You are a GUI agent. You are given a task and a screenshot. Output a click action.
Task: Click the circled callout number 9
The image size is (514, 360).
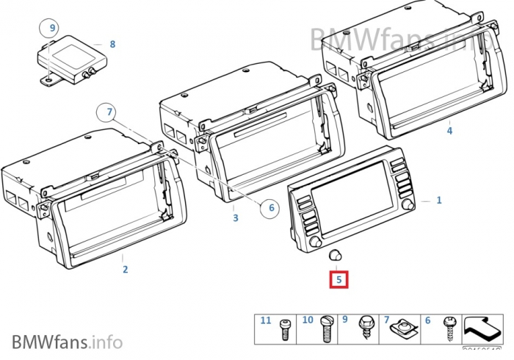(x=52, y=29)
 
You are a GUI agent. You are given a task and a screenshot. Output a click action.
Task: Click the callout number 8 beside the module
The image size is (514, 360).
(x=112, y=44)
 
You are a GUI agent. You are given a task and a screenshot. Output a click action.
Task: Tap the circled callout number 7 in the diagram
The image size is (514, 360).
(x=109, y=112)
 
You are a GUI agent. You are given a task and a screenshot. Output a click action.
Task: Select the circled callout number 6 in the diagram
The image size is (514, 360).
(x=271, y=208)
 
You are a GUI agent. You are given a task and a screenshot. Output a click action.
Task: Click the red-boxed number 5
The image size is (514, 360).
(x=339, y=279)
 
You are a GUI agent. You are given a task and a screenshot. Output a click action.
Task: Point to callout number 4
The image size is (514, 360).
(x=449, y=131)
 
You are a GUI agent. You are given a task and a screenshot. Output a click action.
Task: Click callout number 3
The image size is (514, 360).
(x=235, y=217)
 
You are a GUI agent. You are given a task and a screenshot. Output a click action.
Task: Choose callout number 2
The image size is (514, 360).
(x=125, y=270)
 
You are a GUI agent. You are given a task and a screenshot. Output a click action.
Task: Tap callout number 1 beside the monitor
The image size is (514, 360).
(x=439, y=199)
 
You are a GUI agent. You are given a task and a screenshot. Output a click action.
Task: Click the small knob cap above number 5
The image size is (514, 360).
(x=336, y=254)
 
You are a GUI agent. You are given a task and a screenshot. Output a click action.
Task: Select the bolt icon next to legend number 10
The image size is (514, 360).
(x=327, y=331)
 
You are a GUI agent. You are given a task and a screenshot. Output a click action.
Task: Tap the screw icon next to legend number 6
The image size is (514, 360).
(x=447, y=329)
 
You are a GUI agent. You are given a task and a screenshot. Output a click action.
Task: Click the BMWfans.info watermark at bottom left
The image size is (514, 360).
(x=67, y=341)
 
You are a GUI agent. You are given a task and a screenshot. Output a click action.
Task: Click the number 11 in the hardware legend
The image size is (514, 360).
(x=266, y=320)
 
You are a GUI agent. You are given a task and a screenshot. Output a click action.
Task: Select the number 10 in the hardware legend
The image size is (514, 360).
(x=308, y=320)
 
